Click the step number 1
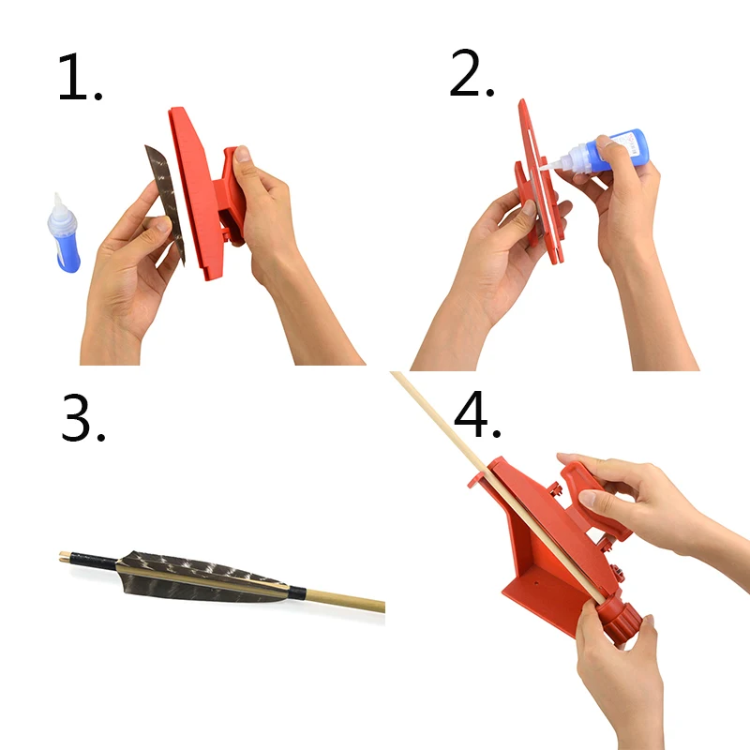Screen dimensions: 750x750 pos(79,77)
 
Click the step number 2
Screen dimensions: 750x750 pos(472,73)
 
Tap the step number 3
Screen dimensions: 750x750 pos(82,418)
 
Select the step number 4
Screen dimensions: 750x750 pos(476,414)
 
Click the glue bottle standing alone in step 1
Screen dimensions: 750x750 pos(64,234)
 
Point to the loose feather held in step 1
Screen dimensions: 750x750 pos(166,201)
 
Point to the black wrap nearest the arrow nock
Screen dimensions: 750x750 pos(93,560)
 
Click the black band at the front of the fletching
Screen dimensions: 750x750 pos(297,593)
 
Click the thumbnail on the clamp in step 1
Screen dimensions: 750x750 pos(243,154)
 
